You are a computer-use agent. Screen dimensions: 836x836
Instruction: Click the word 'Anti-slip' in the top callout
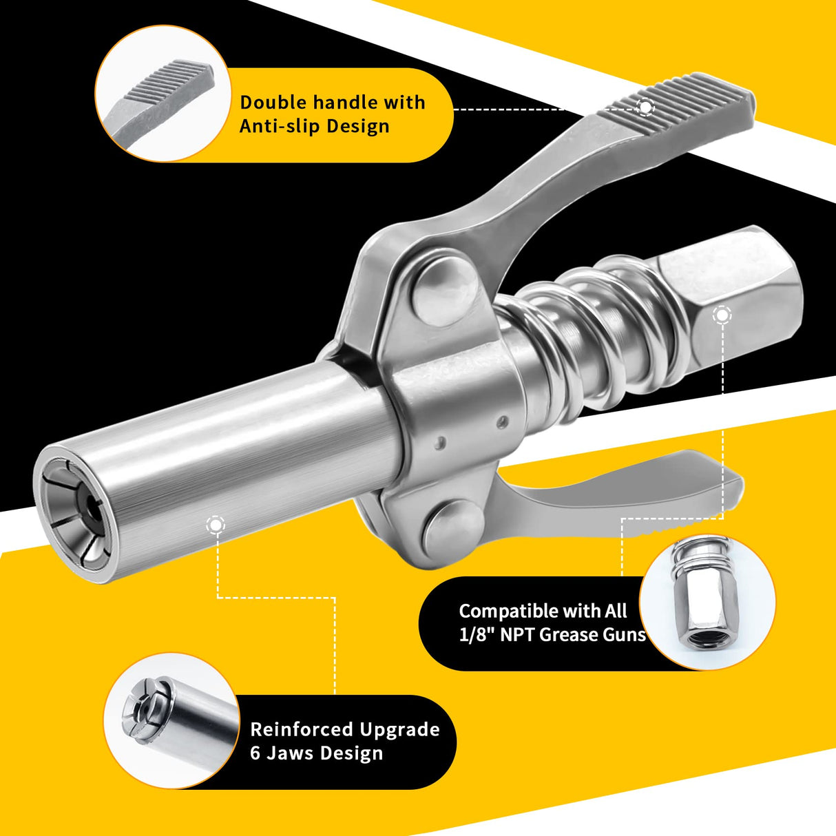pos(279,127)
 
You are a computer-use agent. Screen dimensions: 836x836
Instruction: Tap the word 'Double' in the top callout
pos(273,103)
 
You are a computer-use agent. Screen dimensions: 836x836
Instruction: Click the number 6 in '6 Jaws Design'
pos(255,753)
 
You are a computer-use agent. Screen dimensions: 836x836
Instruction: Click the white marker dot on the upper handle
pos(645,107)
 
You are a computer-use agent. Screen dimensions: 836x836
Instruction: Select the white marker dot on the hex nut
pos(722,315)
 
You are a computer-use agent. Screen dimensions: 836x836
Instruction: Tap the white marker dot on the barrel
pos(215,525)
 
